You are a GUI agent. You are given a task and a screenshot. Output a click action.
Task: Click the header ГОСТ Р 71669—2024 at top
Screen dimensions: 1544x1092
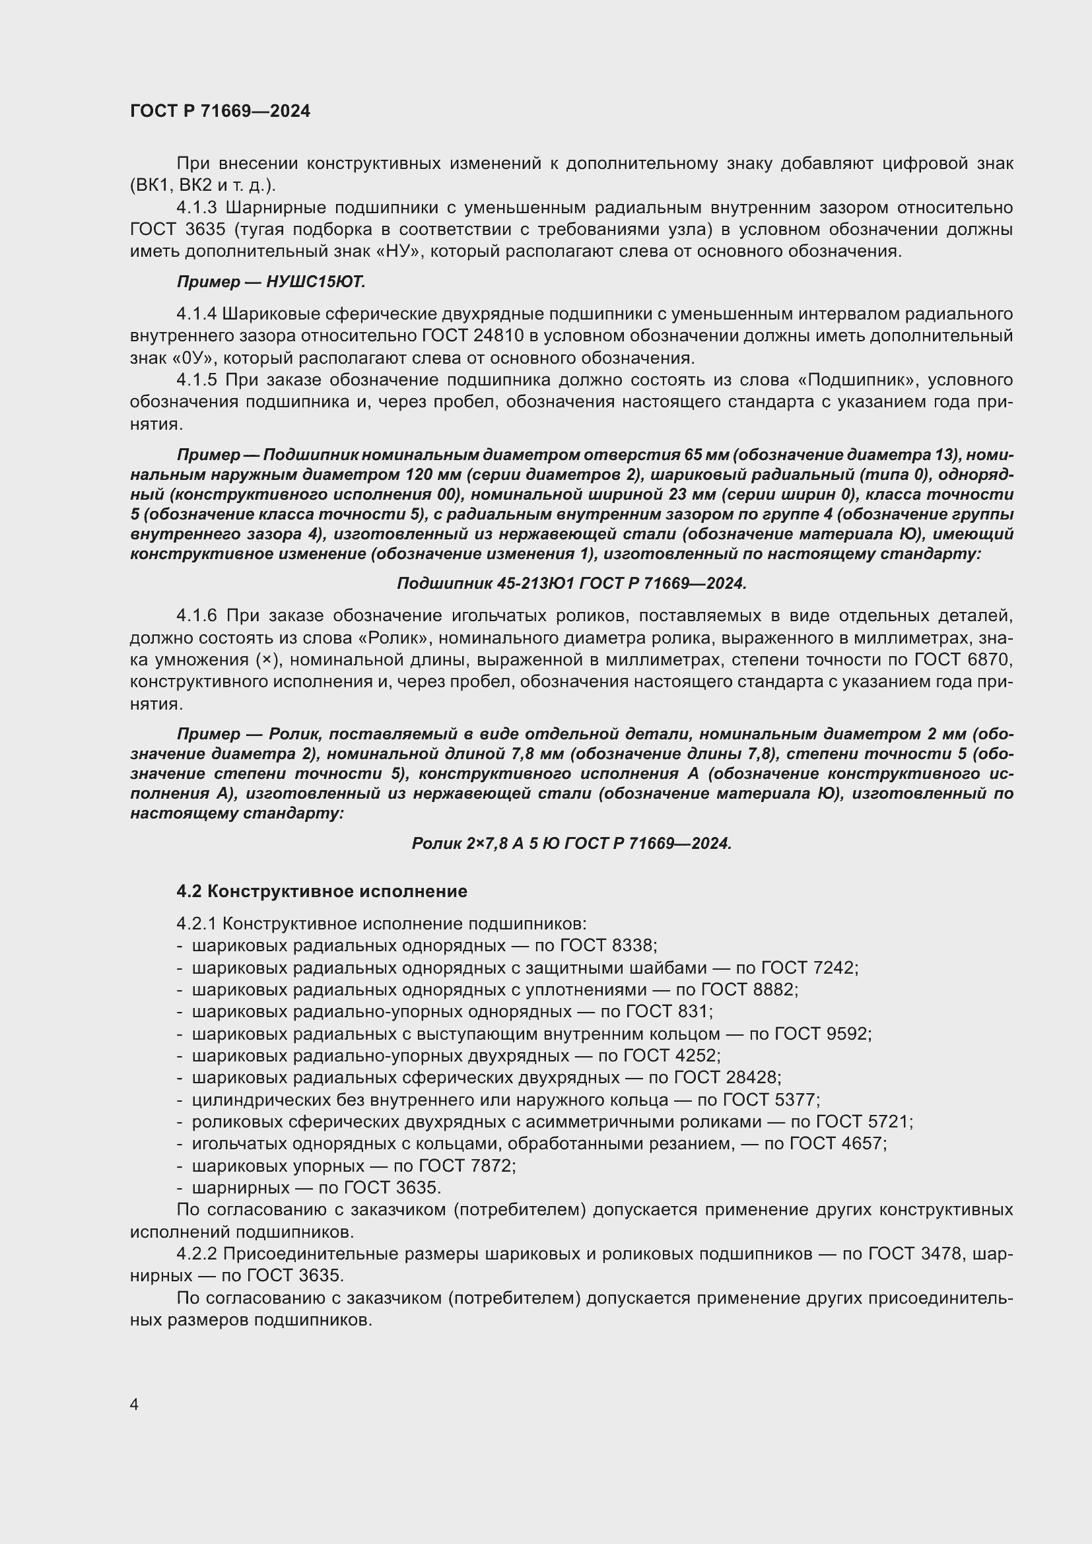220,112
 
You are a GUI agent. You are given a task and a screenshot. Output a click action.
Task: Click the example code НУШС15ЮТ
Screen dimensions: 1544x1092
316,283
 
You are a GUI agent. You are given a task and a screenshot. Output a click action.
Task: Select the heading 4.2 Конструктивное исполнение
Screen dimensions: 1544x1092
322,891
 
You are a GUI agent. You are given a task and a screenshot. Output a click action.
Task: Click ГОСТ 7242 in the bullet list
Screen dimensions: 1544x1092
809,968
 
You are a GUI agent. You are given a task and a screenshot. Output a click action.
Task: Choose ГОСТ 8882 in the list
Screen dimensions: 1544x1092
749,990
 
